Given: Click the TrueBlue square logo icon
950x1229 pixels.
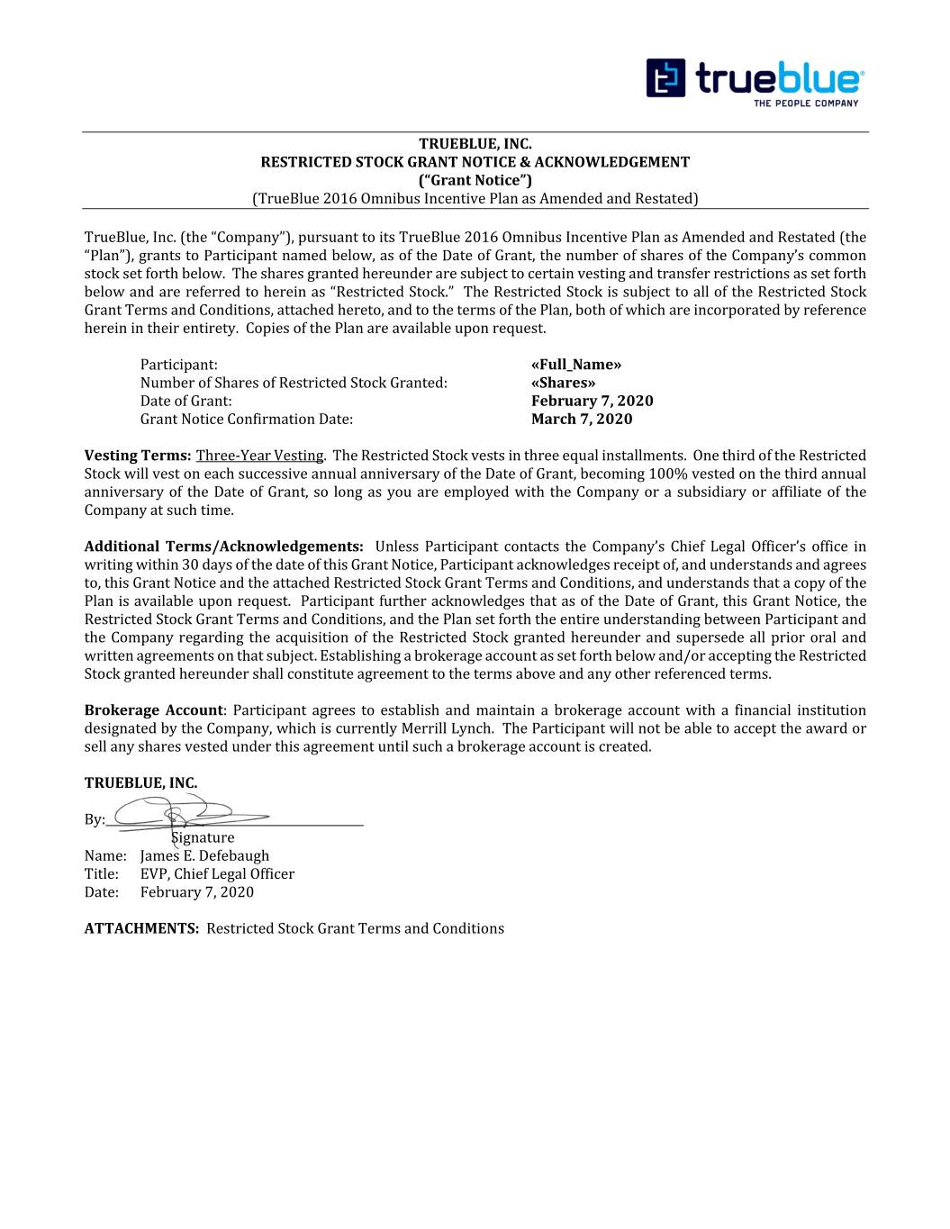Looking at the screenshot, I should [x=665, y=78].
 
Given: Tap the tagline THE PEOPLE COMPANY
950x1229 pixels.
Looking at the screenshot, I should [x=805, y=103].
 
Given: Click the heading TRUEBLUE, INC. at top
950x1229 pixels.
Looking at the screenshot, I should [x=475, y=144].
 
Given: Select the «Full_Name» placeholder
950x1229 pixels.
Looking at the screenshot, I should [x=576, y=365].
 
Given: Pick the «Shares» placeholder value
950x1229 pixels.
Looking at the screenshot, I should [x=563, y=383].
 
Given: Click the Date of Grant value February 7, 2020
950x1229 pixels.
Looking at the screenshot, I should [x=592, y=401].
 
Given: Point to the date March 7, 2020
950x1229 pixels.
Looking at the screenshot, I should [x=582, y=419].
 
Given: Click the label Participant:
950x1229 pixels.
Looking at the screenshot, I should [x=178, y=365].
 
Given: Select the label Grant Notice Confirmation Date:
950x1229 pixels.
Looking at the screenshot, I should [x=246, y=419].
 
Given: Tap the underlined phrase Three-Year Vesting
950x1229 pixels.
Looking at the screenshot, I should [x=259, y=456].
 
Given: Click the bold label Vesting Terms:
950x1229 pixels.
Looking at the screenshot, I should [x=137, y=456].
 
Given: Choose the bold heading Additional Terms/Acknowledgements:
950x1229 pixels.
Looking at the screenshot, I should [x=224, y=547].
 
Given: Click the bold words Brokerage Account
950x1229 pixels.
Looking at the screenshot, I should [x=153, y=710].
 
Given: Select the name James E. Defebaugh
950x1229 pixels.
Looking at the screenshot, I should [x=204, y=855].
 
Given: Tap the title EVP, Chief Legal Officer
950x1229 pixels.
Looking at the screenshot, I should [x=217, y=873].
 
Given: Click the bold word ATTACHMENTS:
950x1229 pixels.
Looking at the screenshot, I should [x=141, y=928].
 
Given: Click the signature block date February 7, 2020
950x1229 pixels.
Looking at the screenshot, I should [x=196, y=891].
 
